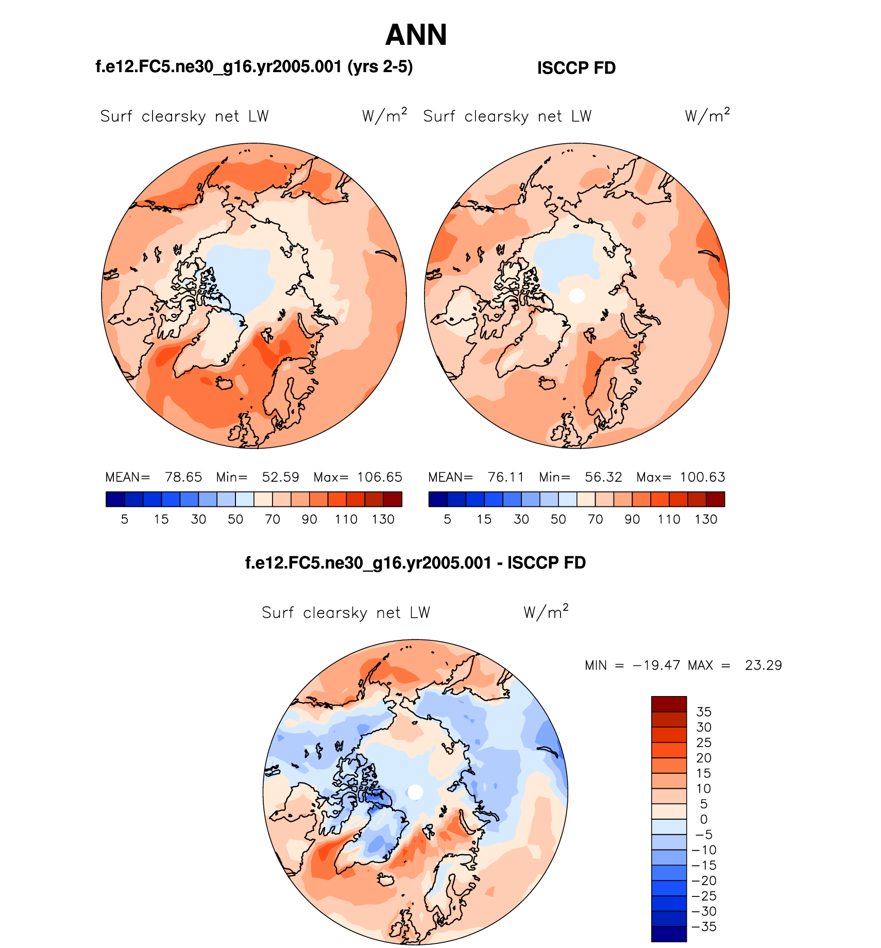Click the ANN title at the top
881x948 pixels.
[416, 35]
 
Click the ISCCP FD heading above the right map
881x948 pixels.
[576, 68]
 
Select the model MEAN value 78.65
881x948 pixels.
[183, 477]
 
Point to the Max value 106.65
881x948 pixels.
[380, 477]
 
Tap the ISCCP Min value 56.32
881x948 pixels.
[603, 477]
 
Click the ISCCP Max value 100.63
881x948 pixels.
[702, 477]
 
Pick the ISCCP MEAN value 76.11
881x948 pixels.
[506, 477]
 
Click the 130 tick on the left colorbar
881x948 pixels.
[383, 519]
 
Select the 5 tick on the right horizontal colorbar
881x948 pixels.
[447, 519]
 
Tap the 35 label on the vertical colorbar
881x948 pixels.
[703, 712]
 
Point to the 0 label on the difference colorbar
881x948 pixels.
[704, 819]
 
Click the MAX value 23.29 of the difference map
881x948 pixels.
[763, 666]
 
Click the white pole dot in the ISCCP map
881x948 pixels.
[577, 296]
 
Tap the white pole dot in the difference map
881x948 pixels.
[415, 792]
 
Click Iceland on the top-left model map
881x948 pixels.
[225, 383]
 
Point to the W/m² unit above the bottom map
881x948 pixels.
[546, 612]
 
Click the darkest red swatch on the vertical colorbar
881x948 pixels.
[669, 704]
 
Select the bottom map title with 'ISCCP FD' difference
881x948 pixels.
[415, 563]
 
